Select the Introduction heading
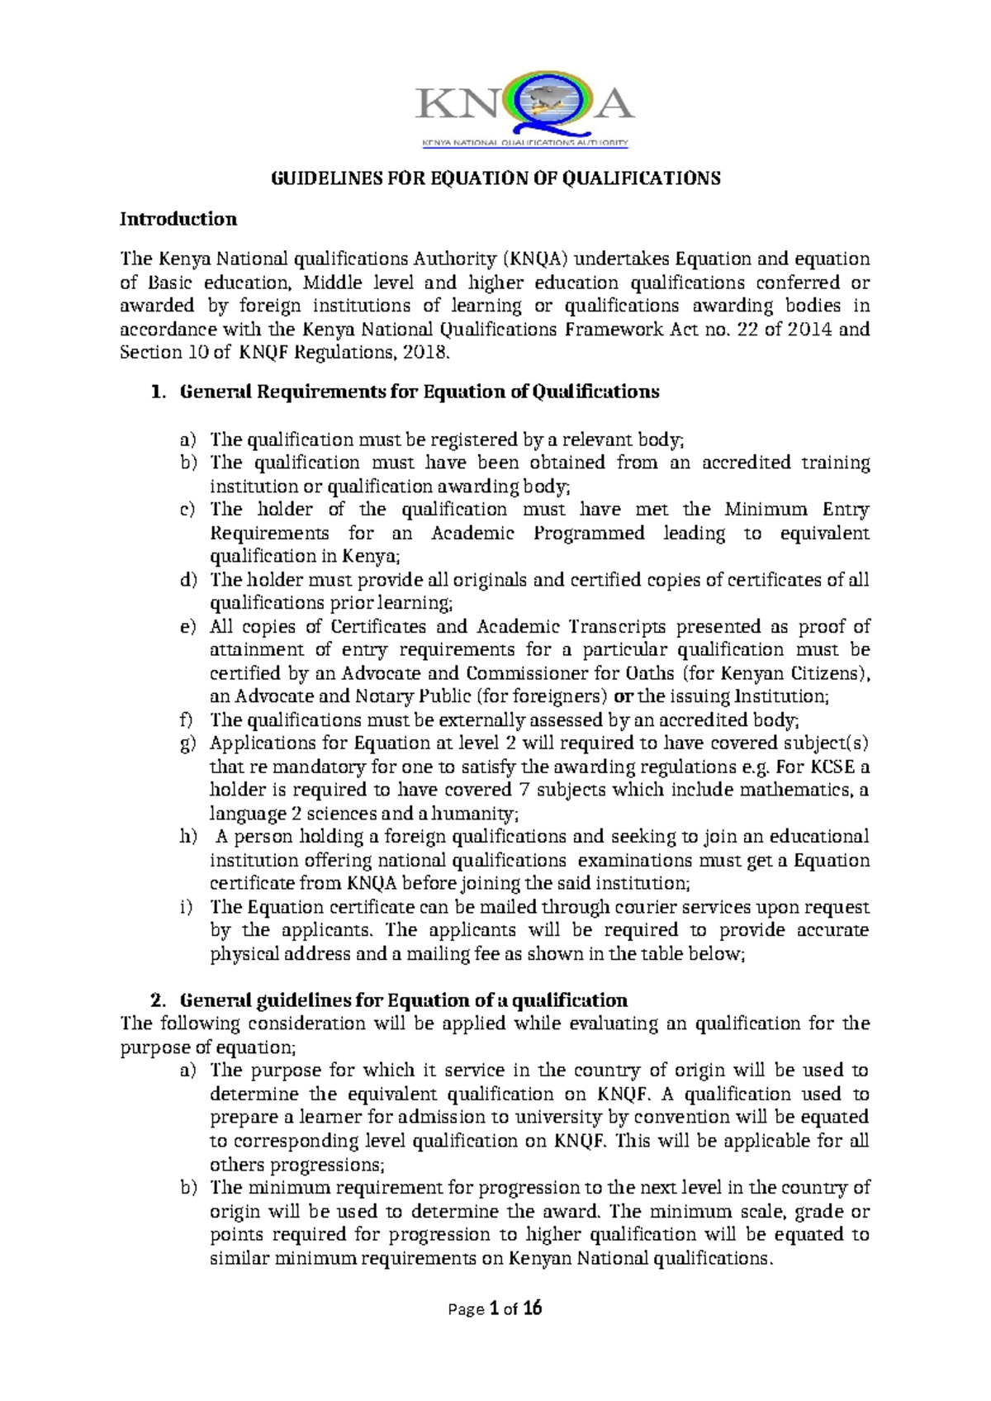click(x=178, y=219)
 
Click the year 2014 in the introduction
click(x=808, y=329)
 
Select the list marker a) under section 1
click(x=188, y=439)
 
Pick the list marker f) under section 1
click(x=187, y=719)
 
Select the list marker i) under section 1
click(x=187, y=907)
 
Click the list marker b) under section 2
click(x=188, y=1188)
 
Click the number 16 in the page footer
click(x=533, y=1308)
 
